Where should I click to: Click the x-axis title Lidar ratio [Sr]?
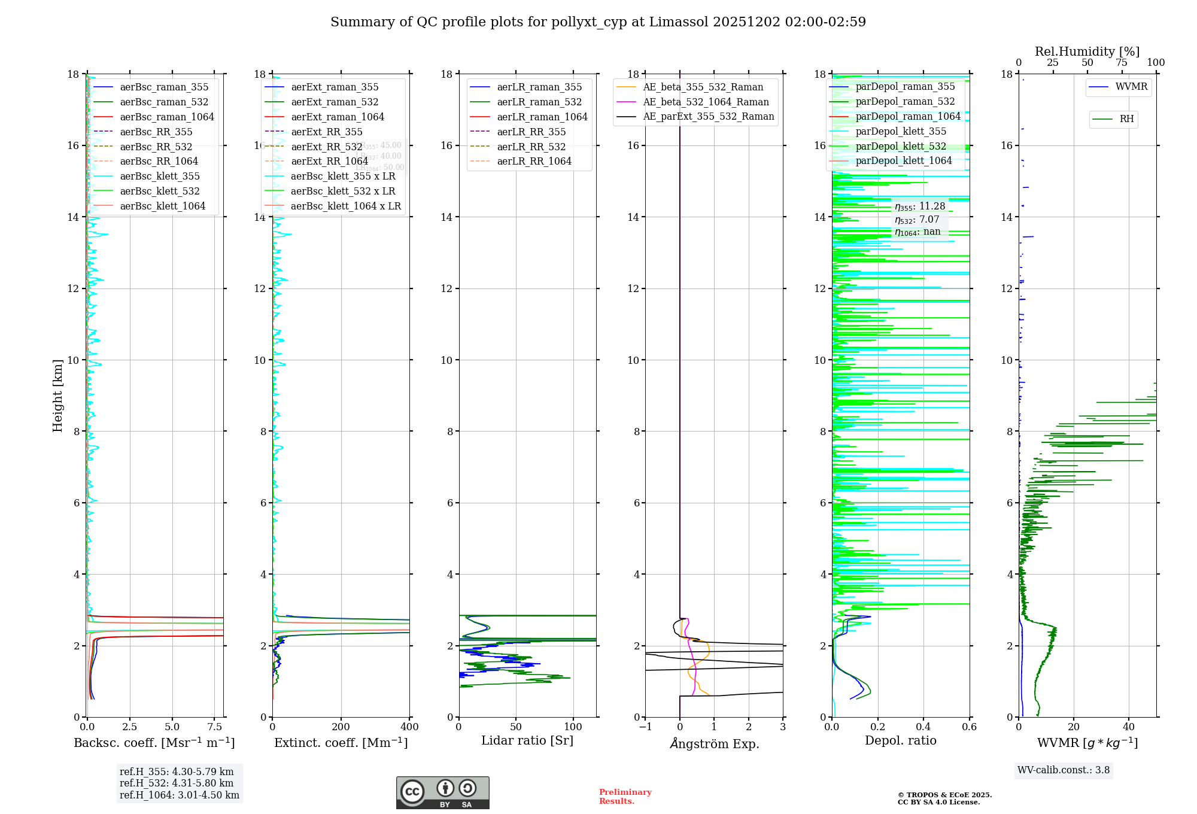pos(527,740)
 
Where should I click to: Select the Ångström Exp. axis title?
pos(715,744)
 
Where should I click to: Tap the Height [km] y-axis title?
pos(57,396)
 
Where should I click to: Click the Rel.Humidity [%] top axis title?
pos(1087,51)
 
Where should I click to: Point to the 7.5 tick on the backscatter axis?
pos(215,727)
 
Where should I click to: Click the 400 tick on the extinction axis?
pos(410,727)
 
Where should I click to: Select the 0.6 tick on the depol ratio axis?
pos(969,727)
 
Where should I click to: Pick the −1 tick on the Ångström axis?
pos(645,727)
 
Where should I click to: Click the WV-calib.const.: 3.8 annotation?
pos(1064,770)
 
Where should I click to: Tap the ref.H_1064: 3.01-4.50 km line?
pos(180,795)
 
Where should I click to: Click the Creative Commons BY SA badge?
pos(442,792)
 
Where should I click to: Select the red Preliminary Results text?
pos(625,797)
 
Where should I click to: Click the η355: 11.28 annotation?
pos(920,206)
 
